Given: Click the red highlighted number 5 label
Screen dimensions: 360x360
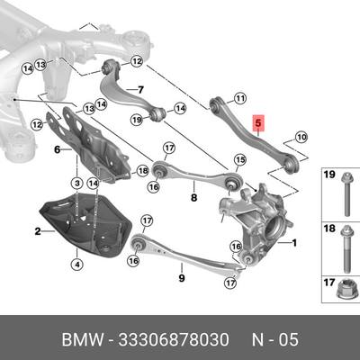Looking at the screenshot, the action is coord(258,123).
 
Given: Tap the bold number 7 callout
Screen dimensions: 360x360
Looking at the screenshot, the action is coord(140,89).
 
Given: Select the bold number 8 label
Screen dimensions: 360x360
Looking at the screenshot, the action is coord(193,197).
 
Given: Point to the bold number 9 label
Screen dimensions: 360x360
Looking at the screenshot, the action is coord(182,278).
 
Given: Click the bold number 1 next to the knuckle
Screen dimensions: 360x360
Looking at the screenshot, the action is coord(294,243).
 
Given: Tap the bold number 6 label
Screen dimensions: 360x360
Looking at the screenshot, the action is coord(58,149).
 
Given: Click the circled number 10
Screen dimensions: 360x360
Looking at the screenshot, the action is coord(301,138).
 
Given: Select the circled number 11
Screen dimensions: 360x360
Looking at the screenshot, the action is coord(240,98).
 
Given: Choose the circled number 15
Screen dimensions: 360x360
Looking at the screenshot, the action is coord(239,160).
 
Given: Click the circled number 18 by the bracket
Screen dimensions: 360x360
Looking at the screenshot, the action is coord(142,171).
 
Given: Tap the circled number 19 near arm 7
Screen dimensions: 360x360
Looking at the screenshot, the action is coord(137,121).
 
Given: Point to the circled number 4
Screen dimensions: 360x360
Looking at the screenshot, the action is coord(77,265).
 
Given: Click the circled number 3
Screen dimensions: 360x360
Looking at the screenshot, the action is coord(76,183).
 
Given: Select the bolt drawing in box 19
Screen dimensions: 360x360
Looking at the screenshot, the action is coord(346,193).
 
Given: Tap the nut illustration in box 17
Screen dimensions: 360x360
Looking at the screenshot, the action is coord(346,291).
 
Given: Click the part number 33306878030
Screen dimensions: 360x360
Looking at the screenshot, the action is coord(174,340).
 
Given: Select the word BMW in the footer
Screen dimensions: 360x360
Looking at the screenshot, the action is coord(82,340).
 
